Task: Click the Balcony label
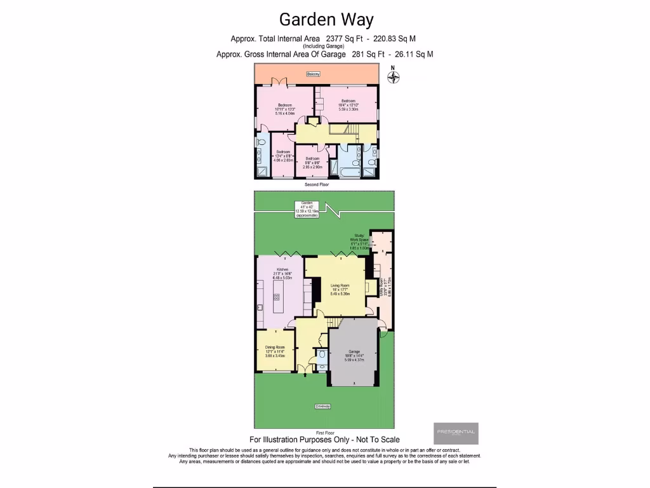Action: (x=313, y=74)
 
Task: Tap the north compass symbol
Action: (x=394, y=77)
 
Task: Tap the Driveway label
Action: (x=322, y=406)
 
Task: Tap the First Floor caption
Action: (x=324, y=432)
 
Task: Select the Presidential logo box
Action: (x=456, y=433)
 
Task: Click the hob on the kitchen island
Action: (x=277, y=296)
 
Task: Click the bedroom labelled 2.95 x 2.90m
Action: (x=312, y=163)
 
